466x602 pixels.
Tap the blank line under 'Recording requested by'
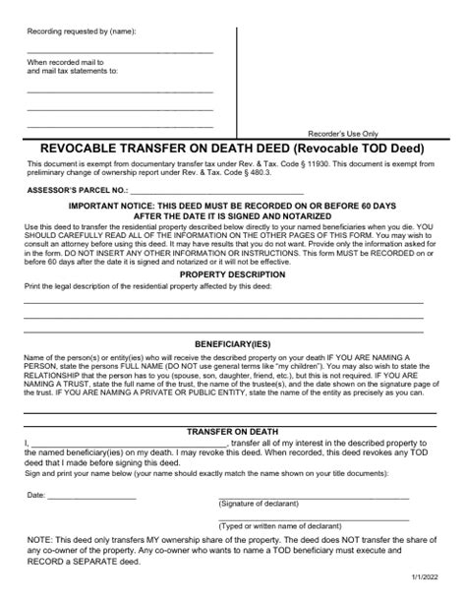click(119, 51)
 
